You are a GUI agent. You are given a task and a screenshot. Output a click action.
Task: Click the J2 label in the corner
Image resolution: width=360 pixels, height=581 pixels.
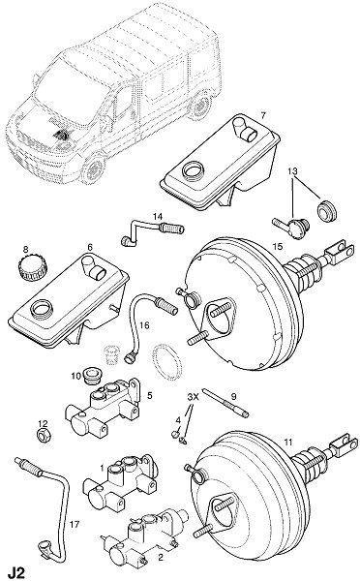coord(16,572)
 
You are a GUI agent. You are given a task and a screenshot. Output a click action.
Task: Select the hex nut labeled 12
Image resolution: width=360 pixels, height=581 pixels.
coord(45,435)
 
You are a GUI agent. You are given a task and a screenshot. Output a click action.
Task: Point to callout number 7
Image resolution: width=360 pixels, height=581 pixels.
coord(263,115)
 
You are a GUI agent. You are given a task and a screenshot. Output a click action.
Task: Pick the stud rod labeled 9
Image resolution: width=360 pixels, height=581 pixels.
coord(225,403)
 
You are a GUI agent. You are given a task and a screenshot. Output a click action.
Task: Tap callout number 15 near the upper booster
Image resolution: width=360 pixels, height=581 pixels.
coord(278,246)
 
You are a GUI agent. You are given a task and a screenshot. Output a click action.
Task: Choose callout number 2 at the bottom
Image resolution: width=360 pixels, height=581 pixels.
coord(161,558)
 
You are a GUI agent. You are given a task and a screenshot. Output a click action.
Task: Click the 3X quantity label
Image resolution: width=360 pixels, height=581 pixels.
coord(193,397)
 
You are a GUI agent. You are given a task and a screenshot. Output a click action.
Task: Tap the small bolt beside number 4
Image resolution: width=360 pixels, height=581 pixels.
coord(176,433)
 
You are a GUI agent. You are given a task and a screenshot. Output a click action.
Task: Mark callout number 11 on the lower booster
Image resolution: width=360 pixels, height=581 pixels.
coord(288,442)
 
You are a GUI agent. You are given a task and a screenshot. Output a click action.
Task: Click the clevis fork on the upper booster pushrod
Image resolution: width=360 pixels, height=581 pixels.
coord(338,253)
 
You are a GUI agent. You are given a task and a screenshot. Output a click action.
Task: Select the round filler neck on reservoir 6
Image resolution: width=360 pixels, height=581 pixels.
coord(42,309)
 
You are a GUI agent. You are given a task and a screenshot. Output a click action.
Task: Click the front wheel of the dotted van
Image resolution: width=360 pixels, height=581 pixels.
coord(92,170)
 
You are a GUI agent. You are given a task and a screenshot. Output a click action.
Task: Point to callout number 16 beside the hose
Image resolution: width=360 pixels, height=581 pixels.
coord(144,325)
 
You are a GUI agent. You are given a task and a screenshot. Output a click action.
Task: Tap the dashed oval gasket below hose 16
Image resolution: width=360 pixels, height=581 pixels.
coord(167,362)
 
